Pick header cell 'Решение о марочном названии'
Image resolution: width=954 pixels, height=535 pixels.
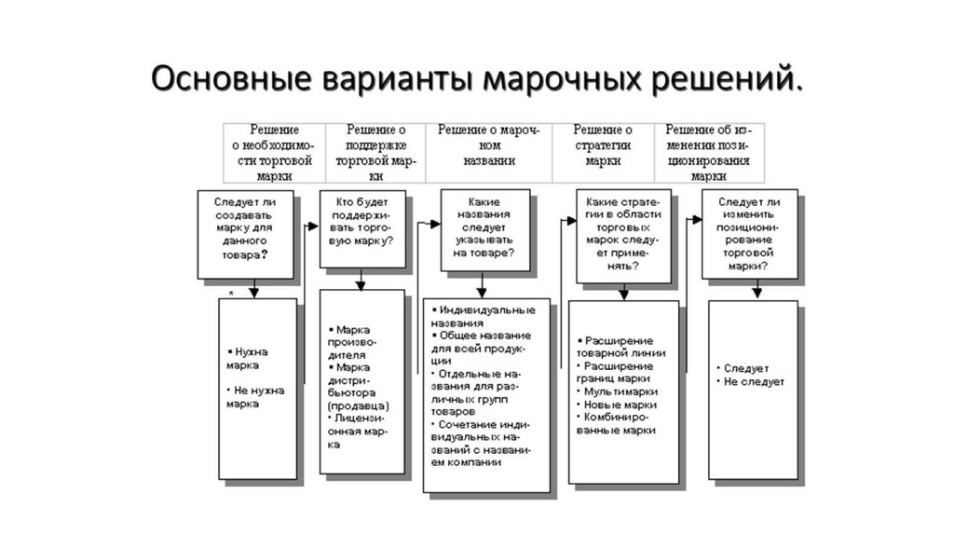(489, 146)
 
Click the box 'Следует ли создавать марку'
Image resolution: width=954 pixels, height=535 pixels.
(245, 234)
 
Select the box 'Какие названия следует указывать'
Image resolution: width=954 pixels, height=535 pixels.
(484, 229)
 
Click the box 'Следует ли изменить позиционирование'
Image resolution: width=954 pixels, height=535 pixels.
(748, 234)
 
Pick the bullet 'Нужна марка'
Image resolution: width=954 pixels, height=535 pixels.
(248, 359)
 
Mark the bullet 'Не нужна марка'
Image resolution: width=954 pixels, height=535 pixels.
(255, 397)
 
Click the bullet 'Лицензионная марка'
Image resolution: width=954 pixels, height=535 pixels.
(358, 432)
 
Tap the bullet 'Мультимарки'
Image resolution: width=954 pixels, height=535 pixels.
(619, 392)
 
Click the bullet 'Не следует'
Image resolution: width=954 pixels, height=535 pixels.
(754, 382)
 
